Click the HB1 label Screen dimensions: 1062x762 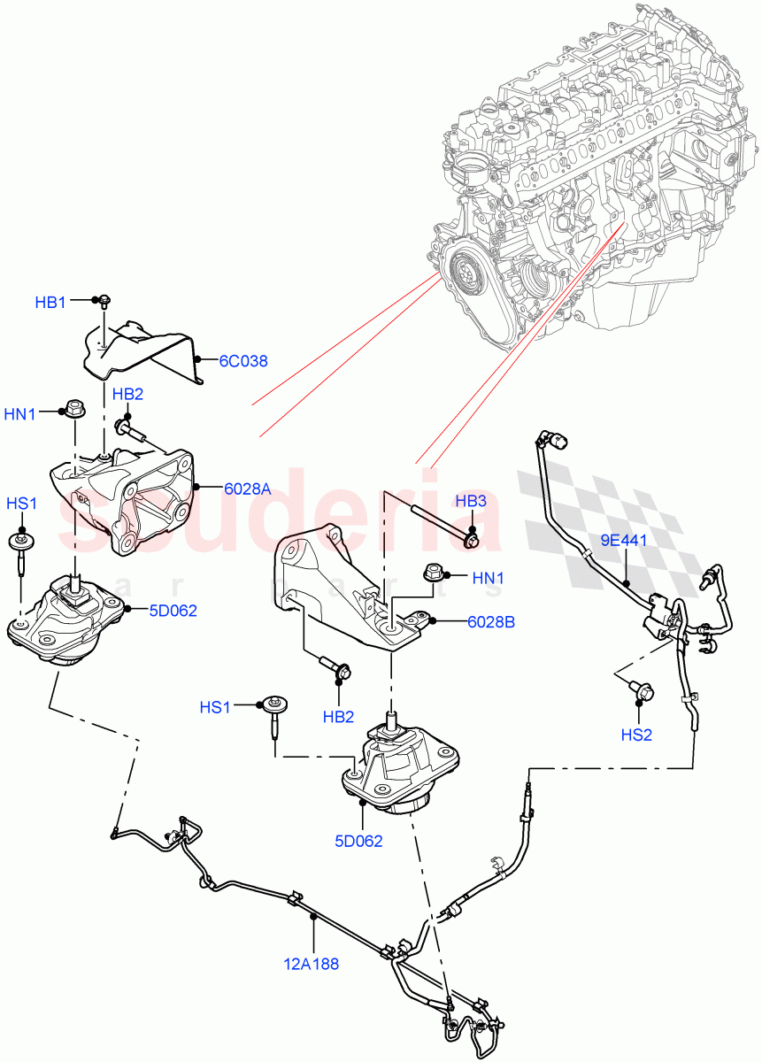50,302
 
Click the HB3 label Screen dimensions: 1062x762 471,501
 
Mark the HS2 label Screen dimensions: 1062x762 637,734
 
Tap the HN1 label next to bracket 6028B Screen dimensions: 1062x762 488,578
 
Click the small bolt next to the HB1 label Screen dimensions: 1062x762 103,300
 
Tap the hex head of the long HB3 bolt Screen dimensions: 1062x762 472,536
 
